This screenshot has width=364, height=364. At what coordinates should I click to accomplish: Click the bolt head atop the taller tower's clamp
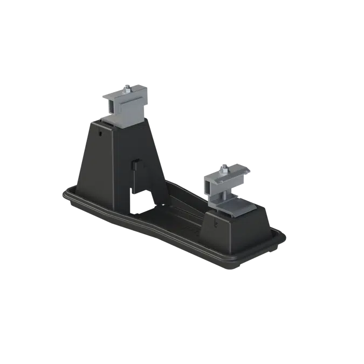[126, 87]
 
